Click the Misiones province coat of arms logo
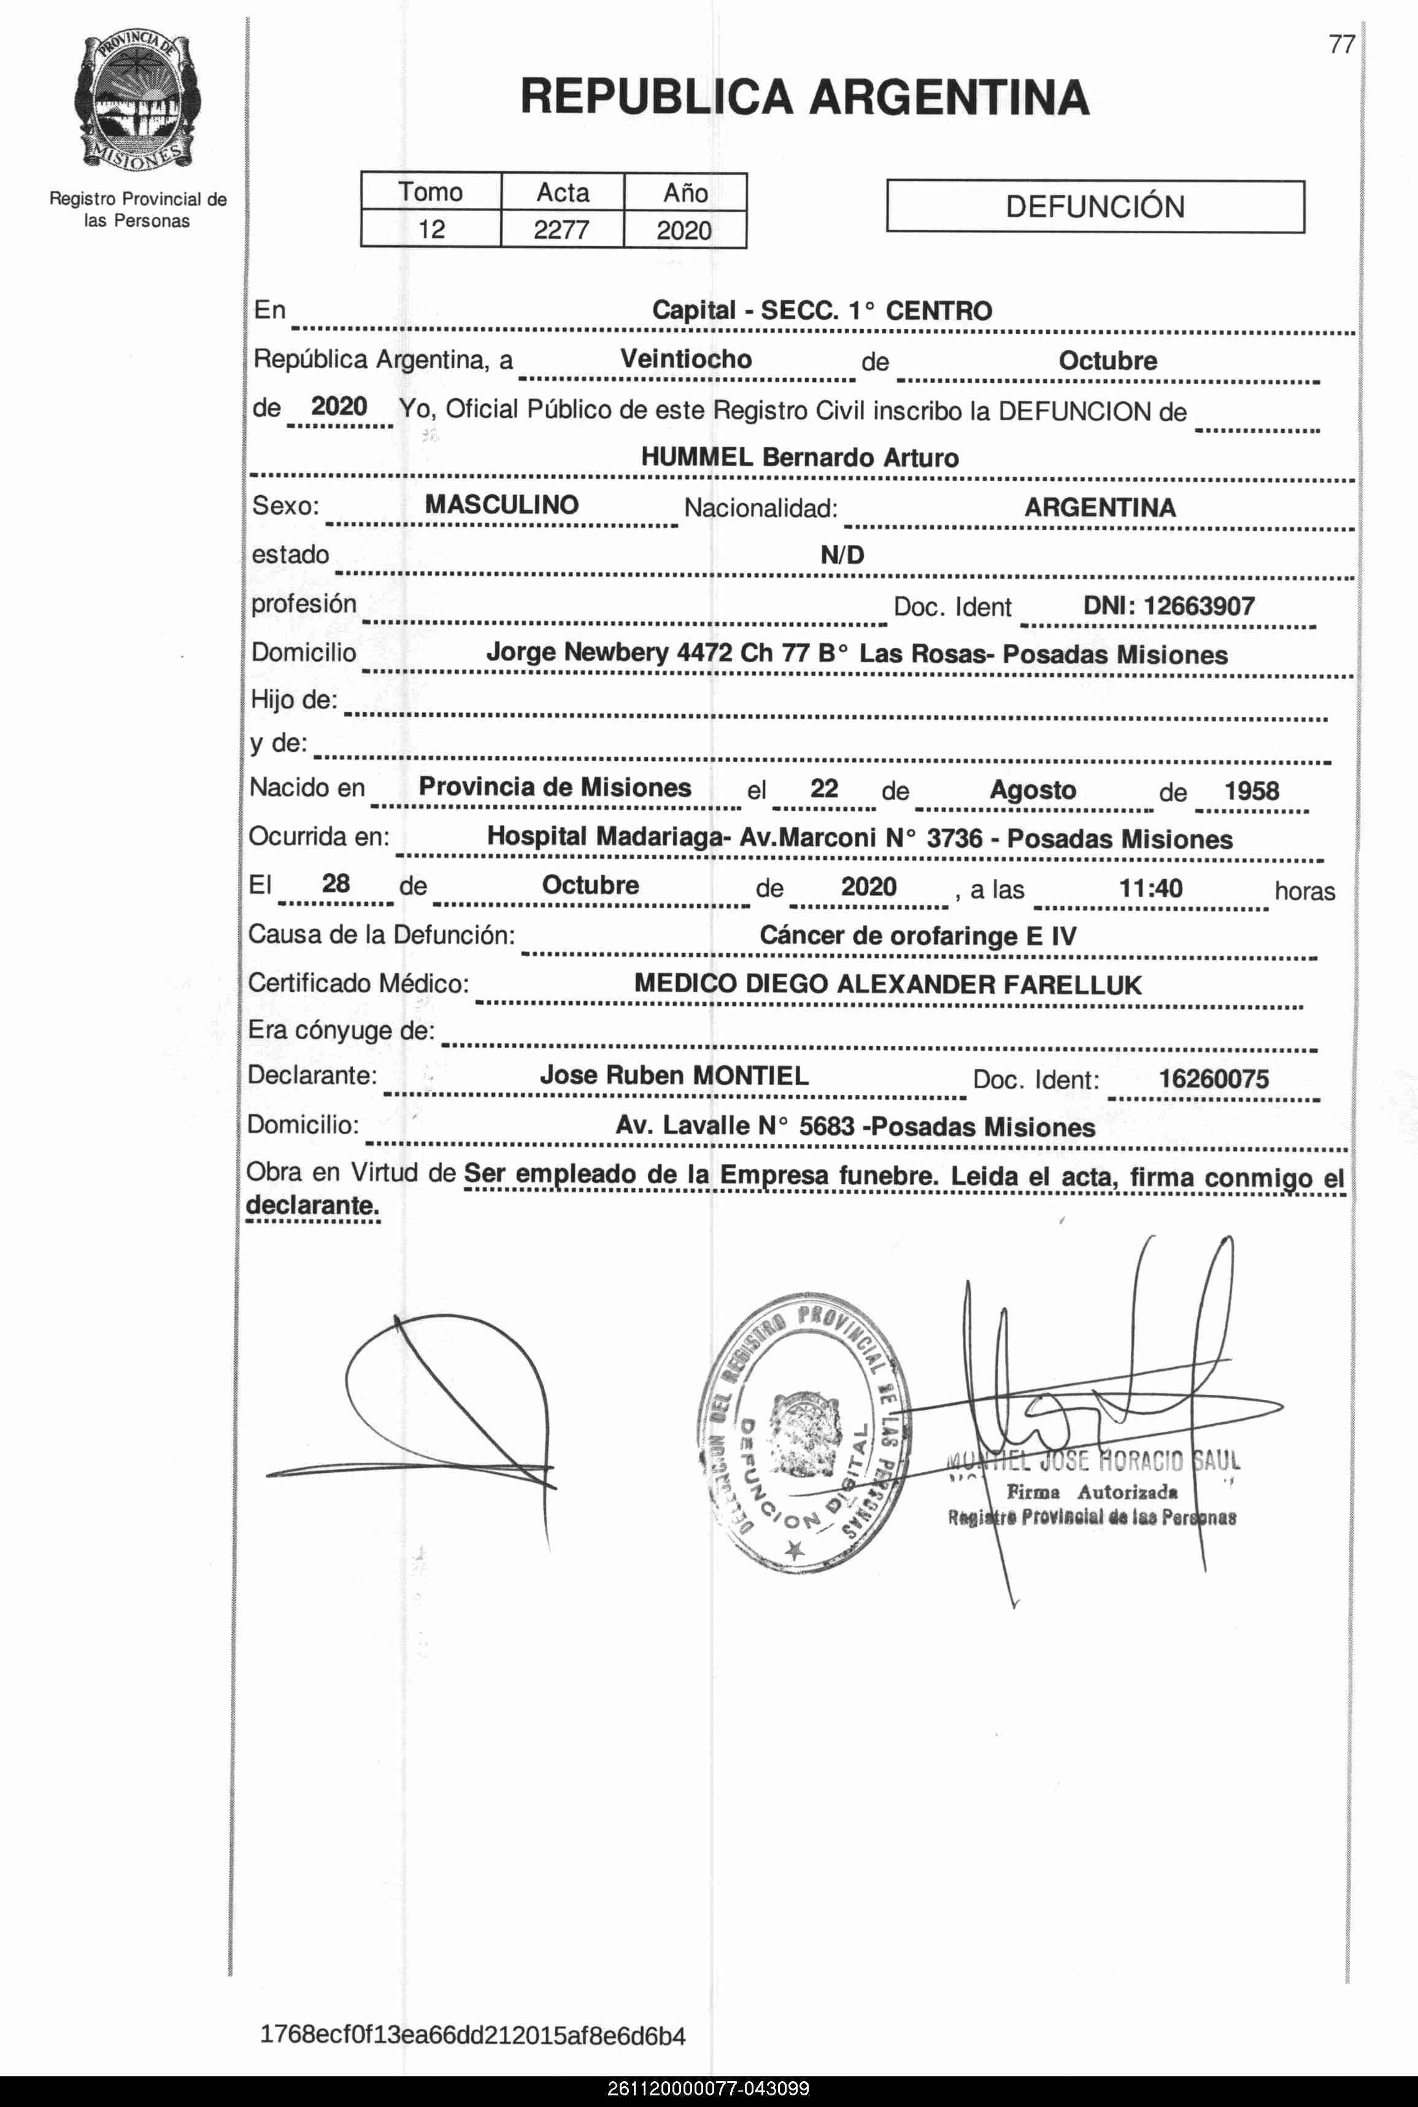tap(137, 101)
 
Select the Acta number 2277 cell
tap(561, 230)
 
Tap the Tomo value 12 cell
tap(431, 230)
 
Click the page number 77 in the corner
tap(1341, 44)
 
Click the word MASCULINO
tap(502, 505)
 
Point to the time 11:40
tap(1150, 888)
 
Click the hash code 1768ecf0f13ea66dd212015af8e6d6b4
tap(472, 2036)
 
